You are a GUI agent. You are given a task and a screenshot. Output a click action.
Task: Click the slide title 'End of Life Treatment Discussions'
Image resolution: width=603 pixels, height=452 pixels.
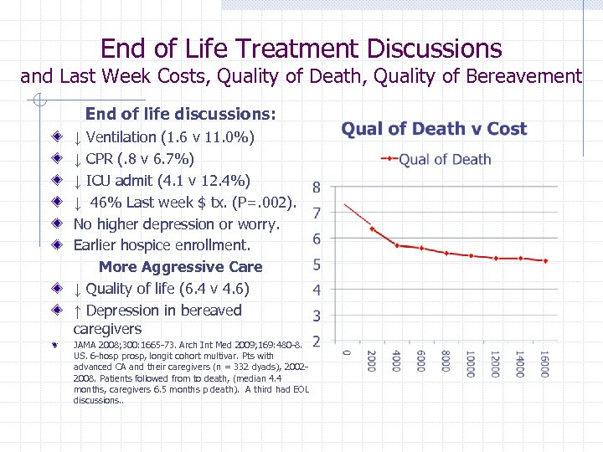(x=301, y=49)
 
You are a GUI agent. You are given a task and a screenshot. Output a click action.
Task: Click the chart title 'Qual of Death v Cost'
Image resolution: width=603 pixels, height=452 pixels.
(x=434, y=129)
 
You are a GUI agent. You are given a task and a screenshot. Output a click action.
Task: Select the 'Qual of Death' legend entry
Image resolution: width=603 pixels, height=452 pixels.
(x=445, y=159)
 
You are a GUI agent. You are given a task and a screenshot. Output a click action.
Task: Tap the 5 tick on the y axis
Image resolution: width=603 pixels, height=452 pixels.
(x=316, y=265)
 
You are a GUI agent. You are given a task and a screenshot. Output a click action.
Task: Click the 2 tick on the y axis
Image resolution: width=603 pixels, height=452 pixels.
(x=316, y=342)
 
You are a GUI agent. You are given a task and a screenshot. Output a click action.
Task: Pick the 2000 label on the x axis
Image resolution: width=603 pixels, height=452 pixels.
(x=371, y=362)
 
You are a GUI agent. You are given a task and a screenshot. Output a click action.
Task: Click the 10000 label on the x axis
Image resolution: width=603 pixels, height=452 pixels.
(x=471, y=364)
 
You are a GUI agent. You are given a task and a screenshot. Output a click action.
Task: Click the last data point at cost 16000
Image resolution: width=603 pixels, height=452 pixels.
(x=545, y=261)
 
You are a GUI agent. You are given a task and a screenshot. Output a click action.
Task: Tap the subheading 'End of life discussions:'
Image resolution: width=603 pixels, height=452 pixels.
(x=181, y=113)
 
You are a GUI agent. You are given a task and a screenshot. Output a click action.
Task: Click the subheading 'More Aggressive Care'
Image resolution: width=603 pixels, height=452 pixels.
(x=180, y=267)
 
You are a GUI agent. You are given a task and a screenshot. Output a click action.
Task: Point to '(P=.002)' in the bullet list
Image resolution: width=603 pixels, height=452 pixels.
(x=267, y=203)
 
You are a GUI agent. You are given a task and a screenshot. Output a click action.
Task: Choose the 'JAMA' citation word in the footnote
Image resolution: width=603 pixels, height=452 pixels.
(x=85, y=344)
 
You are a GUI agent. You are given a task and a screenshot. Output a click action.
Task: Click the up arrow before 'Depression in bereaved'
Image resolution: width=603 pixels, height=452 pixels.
(x=77, y=311)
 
